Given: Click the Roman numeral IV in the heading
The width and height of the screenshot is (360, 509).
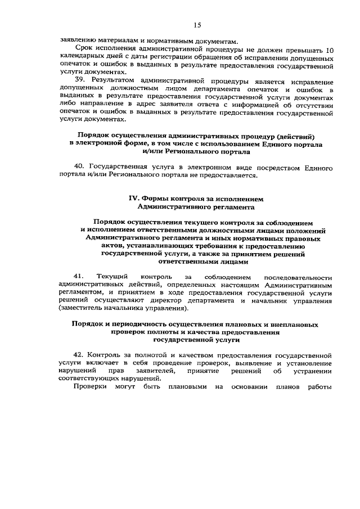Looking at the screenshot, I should coord(133,199).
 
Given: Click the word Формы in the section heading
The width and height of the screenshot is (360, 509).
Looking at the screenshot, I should coord(158,199).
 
